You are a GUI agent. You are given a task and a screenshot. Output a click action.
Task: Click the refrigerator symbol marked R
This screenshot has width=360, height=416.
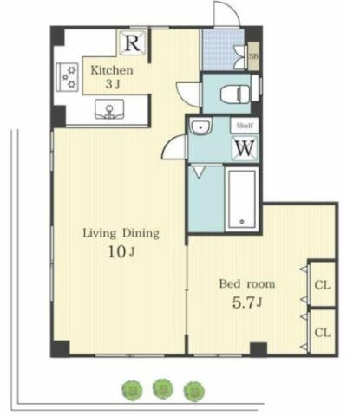133,42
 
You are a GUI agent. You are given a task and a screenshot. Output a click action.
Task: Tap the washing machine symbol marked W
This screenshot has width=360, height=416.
245,147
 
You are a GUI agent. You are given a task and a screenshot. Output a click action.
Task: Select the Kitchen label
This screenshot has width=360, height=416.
112,70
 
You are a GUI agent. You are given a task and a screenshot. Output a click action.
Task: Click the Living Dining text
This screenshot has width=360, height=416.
121,233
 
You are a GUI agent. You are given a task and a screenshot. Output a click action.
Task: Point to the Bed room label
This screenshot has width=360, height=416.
247,283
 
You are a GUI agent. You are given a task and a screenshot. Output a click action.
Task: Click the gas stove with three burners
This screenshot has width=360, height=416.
67,77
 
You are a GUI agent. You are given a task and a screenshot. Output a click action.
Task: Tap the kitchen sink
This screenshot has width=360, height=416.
109,109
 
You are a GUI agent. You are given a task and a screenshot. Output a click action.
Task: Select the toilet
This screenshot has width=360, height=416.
235,94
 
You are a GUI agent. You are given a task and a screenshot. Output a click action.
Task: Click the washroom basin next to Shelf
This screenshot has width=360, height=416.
201,126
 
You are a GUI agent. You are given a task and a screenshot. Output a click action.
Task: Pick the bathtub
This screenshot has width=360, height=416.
242,199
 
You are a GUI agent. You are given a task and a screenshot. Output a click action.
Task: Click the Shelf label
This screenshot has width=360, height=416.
245,126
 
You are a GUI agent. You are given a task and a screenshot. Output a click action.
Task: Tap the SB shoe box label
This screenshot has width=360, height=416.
253,56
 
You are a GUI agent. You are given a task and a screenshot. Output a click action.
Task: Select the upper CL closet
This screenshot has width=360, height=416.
322,284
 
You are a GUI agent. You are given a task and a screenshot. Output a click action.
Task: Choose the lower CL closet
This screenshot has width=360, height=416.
322,332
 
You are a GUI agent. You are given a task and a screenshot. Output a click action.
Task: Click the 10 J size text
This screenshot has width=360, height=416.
121,252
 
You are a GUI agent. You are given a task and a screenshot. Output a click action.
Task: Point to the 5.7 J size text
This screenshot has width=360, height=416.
247,302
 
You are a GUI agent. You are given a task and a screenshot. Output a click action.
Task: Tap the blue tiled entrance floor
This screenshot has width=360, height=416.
222,49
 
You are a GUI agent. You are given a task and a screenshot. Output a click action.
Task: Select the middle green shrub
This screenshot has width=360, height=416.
163,389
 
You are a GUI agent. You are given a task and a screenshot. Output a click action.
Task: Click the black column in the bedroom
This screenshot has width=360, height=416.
259,349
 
